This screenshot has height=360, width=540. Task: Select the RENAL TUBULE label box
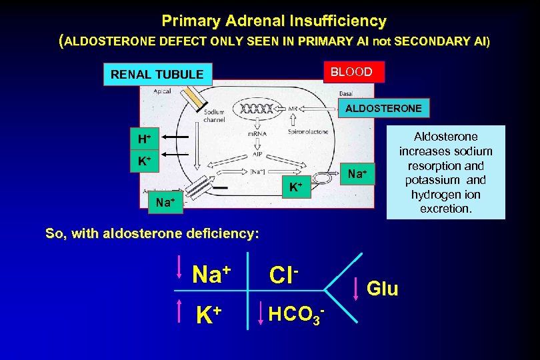[x=157, y=74]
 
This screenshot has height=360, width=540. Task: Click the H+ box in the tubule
[x=144, y=139]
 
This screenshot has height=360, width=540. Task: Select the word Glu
[x=383, y=289]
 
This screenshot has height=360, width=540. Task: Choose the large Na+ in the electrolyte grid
[x=211, y=273]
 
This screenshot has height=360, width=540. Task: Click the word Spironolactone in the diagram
[x=308, y=133]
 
